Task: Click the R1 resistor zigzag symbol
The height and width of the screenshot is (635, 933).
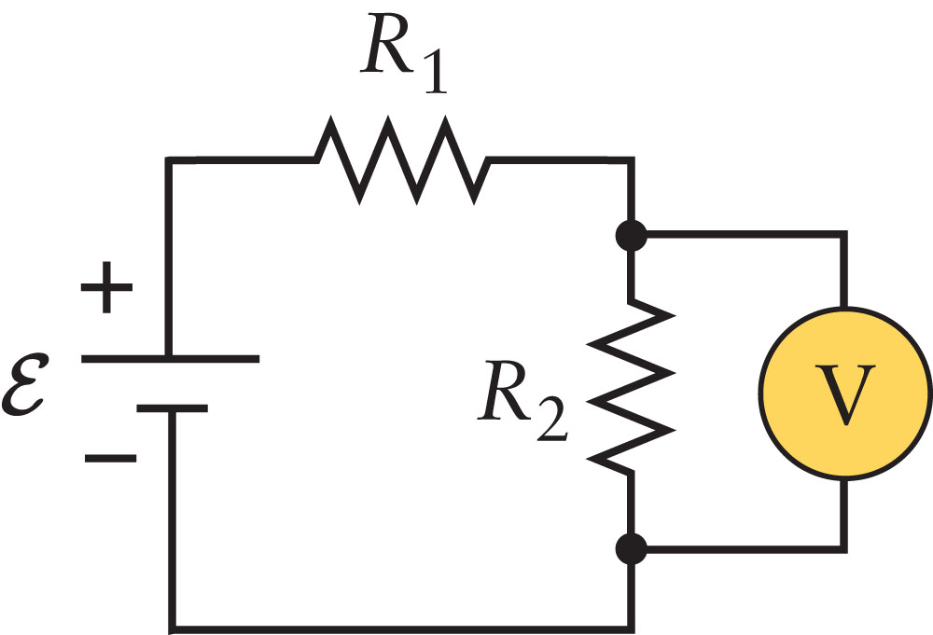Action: coord(401,160)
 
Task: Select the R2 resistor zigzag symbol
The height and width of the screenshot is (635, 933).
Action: coord(633,386)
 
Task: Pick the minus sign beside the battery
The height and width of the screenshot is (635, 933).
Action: coord(110,458)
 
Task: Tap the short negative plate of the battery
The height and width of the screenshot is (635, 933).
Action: coord(170,407)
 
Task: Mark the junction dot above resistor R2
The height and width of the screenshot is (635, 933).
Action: coord(633,236)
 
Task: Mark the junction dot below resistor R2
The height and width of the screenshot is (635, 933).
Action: coord(633,549)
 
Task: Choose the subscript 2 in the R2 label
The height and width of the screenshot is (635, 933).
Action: coord(551,424)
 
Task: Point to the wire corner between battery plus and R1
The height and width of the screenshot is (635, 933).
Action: coord(170,161)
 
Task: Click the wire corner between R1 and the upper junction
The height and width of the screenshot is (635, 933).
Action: coord(633,161)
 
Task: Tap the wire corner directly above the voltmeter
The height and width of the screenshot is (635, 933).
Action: coord(845,236)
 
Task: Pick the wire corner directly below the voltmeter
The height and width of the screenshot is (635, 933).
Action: coord(845,549)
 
